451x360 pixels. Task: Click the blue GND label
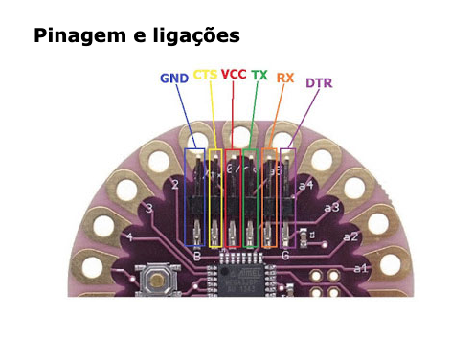174,77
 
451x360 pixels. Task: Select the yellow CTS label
205,75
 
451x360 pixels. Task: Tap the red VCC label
234,74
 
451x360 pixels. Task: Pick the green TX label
259,75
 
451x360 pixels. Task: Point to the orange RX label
285,77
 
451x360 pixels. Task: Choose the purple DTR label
319,83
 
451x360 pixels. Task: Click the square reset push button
155,281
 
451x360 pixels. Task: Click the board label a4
306,183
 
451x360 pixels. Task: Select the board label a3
331,207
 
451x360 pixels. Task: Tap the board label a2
350,236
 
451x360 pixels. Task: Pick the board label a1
360,268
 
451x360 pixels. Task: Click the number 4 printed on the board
129,236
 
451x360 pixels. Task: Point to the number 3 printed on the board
147,208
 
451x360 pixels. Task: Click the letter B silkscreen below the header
195,256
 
